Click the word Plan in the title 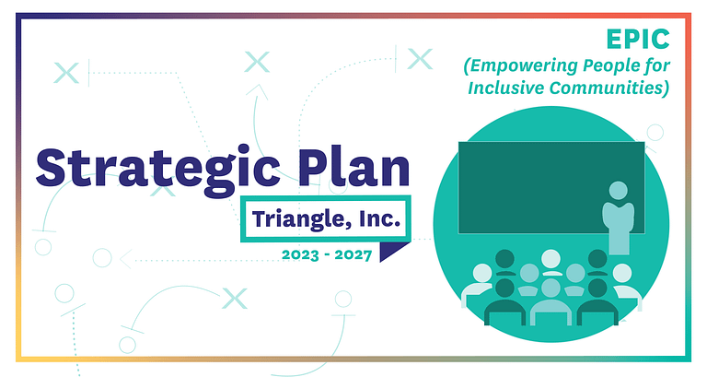(354, 166)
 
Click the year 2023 (300, 255)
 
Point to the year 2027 (353, 255)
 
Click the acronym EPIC (638, 40)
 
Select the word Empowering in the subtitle (521, 66)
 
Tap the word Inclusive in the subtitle (505, 88)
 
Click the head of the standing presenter (619, 190)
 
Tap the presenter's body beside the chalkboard (619, 228)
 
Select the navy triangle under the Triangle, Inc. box (391, 250)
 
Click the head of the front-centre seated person (551, 288)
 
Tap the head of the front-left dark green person (504, 288)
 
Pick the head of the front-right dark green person (597, 288)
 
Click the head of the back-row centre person (551, 259)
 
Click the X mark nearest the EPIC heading (420, 59)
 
